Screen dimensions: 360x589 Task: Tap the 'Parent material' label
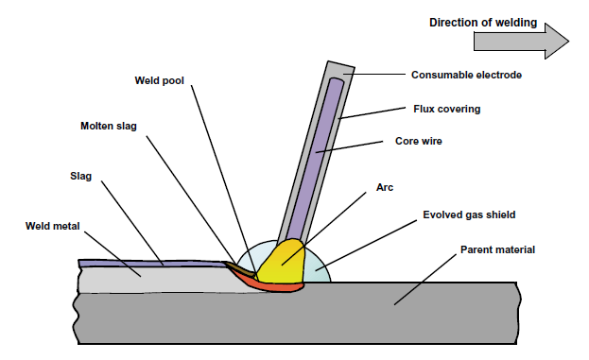pyautogui.click(x=496, y=250)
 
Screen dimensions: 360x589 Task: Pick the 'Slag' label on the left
pyautogui.click(x=80, y=176)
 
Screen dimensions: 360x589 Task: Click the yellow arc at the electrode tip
pyautogui.click(x=283, y=264)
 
